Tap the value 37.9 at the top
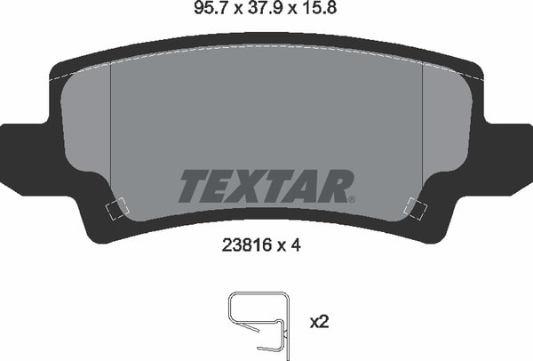pyautogui.click(x=266, y=8)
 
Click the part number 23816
pyautogui.click(x=247, y=245)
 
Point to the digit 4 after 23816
pyautogui.click(x=296, y=245)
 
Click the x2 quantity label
pyautogui.click(x=319, y=322)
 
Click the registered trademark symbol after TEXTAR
pyautogui.click(x=352, y=200)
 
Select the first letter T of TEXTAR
pyautogui.click(x=195, y=187)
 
